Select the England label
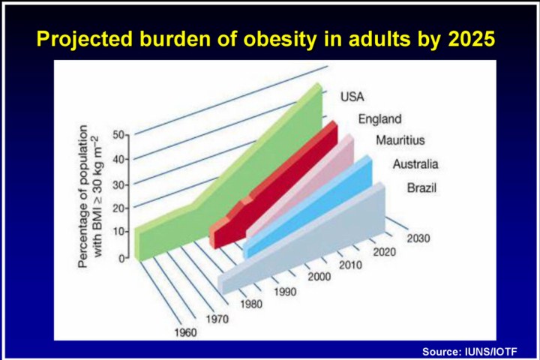pos(379,118)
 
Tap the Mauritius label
pos(400,140)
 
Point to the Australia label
pos(415,164)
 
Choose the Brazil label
pos(421,187)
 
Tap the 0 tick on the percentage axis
pos(122,256)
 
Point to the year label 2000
pos(318,278)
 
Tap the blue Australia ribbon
pos(315,210)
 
